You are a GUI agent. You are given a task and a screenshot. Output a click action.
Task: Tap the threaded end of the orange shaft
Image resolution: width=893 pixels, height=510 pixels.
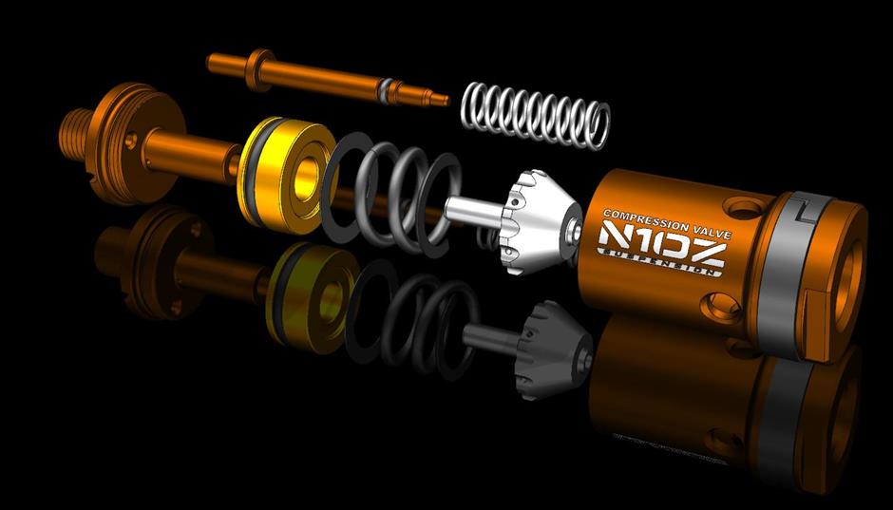[x=73, y=136]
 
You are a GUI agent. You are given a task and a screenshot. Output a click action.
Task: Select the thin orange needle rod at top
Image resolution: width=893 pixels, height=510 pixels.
[x=328, y=79]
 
